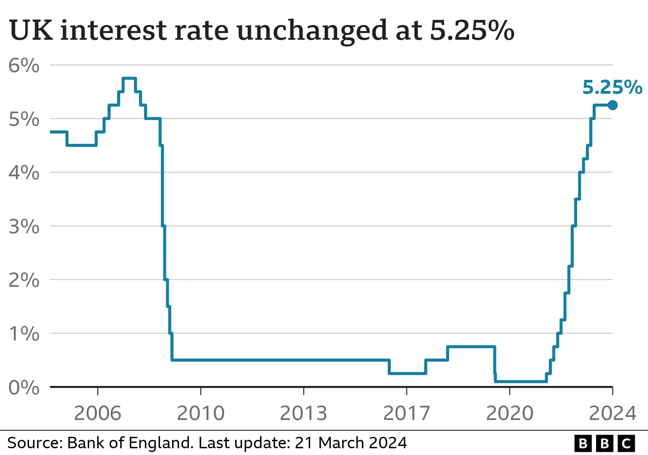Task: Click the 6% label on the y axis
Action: (24, 65)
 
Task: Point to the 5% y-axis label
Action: (24, 119)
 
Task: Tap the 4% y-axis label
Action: (24, 173)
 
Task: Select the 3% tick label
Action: (24, 226)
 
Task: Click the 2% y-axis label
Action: (24, 280)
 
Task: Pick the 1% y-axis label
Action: (24, 334)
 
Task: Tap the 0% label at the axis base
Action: (24, 388)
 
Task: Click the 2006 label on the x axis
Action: (98, 413)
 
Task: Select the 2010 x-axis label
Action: (201, 413)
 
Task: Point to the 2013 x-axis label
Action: (304, 413)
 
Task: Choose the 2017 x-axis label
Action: (407, 413)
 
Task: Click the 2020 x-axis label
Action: (510, 413)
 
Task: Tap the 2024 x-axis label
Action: (613, 413)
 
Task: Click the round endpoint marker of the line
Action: (613, 105)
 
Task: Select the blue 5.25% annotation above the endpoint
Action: (612, 87)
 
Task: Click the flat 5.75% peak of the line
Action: (129, 79)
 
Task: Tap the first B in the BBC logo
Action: (583, 444)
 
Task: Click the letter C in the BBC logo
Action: (626, 444)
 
